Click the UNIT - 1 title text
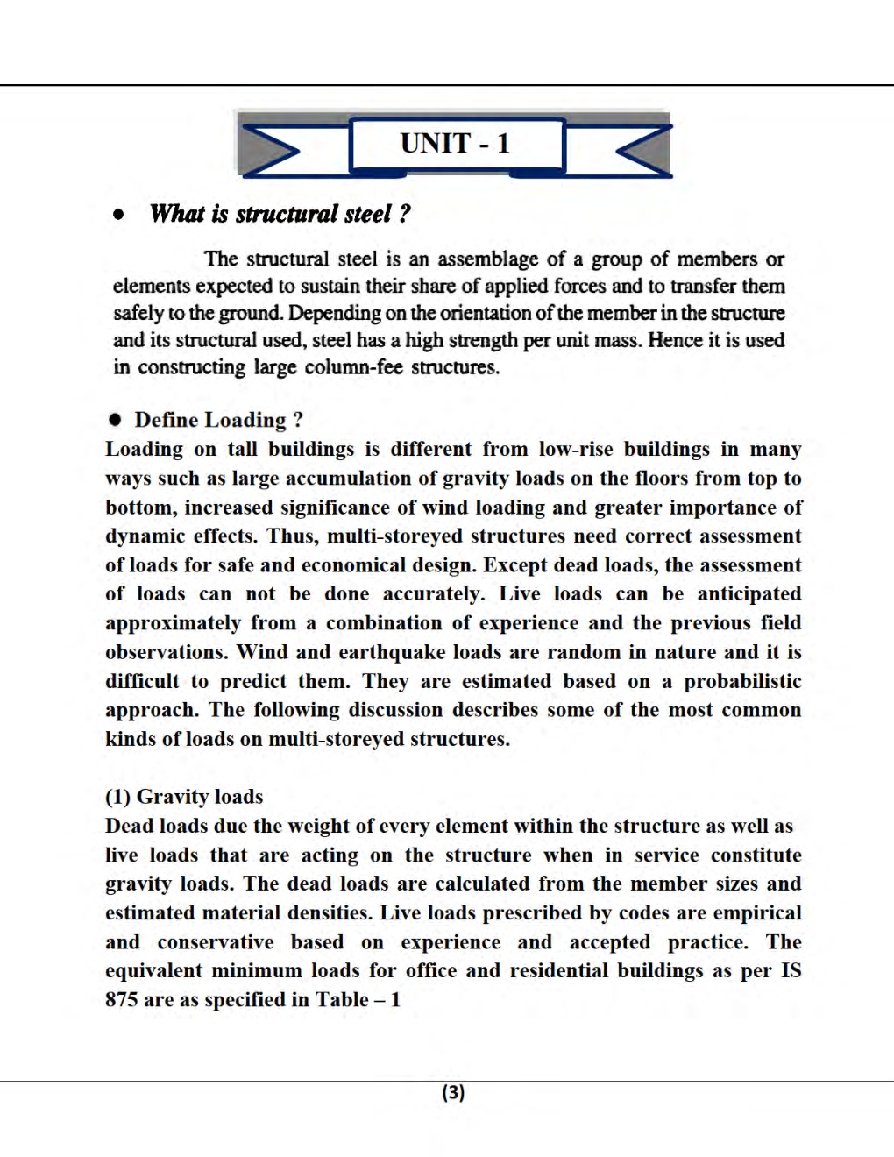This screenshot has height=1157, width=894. (x=455, y=143)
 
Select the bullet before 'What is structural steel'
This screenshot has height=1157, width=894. (x=118, y=214)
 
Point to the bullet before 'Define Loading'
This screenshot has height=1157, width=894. (x=115, y=420)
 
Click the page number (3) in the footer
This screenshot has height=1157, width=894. (x=453, y=1092)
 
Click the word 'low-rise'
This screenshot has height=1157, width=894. (x=576, y=450)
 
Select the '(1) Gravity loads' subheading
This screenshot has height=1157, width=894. (x=184, y=797)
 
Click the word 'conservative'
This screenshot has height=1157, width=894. (x=216, y=942)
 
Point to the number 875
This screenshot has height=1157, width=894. (x=121, y=1000)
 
